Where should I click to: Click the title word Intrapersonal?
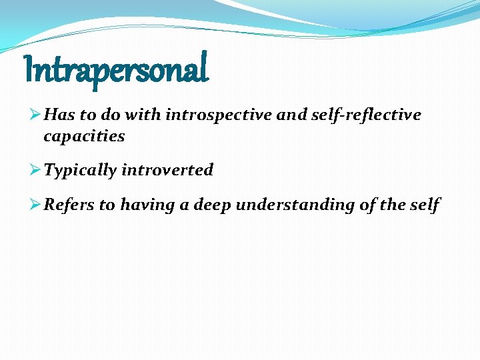coord(116,69)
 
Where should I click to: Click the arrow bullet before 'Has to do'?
coord(37,115)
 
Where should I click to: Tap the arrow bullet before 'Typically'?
coord(37,170)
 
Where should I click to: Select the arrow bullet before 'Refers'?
coord(37,205)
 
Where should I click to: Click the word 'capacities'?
coord(84,137)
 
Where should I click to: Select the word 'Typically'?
coord(80,171)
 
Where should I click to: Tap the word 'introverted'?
coord(167,170)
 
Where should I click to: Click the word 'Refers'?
coord(69,205)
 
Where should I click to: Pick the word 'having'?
coord(148,205)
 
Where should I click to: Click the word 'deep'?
coord(212,205)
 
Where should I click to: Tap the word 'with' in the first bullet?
coord(146,115)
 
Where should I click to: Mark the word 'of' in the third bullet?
coord(367,205)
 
